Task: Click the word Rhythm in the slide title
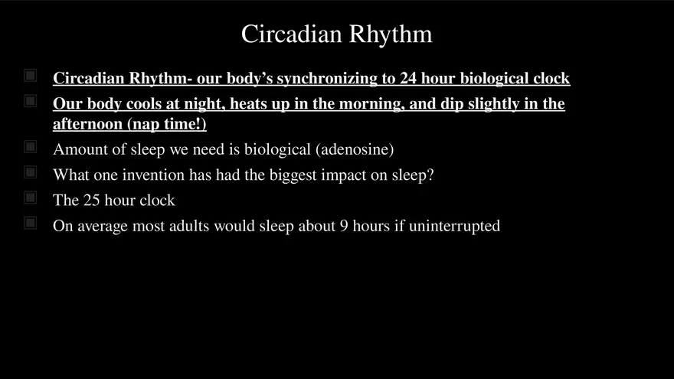[391, 34]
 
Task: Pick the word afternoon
[87, 124]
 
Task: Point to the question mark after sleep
[430, 175]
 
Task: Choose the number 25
[92, 201]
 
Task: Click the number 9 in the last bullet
[344, 226]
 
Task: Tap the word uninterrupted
[454, 226]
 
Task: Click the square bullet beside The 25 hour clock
[30, 198]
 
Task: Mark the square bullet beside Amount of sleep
[30, 147]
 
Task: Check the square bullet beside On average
[30, 223]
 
